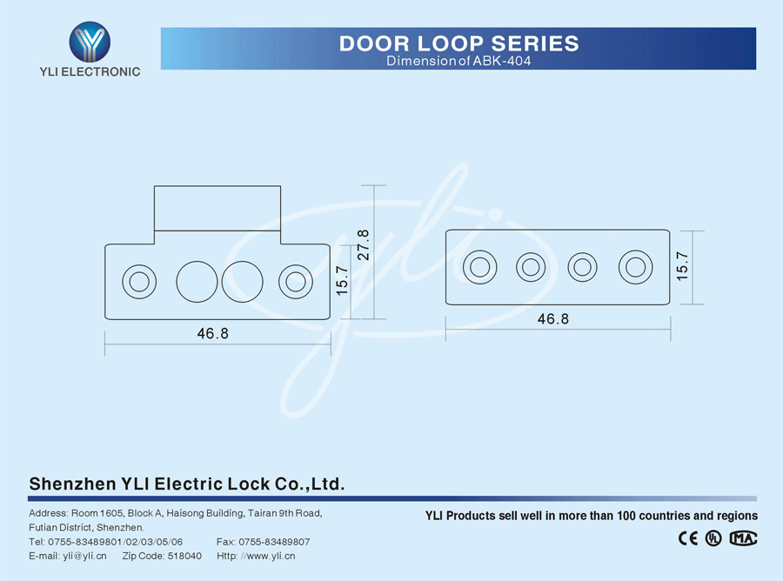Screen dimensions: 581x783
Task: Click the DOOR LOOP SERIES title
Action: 458,43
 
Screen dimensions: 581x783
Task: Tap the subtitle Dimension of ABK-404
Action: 458,62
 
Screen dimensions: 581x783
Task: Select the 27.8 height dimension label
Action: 363,244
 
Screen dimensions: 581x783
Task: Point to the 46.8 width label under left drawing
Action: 212,333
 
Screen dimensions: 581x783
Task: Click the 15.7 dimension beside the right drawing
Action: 682,265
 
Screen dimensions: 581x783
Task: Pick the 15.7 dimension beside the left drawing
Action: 343,281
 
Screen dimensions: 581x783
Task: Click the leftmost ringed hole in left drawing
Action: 137,281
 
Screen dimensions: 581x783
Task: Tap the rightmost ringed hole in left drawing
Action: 296,281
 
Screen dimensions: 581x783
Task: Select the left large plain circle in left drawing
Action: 197,281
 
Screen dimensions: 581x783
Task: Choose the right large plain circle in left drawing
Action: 242,281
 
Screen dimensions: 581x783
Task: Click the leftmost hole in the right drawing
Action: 479,266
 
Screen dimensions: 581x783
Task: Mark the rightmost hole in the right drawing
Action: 635,266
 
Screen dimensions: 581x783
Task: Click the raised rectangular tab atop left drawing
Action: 217,208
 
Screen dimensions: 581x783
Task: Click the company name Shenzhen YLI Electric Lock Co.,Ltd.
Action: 187,484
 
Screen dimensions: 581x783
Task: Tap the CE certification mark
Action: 687,538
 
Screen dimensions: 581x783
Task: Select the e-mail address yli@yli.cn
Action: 84,556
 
